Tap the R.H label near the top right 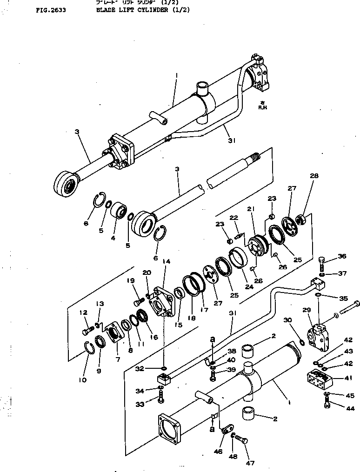click(x=263, y=106)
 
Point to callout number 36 click(x=342, y=256)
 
